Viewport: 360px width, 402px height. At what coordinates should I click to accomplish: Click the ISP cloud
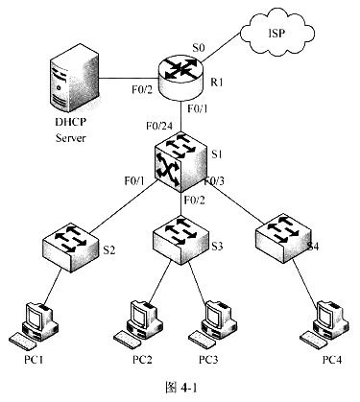277,31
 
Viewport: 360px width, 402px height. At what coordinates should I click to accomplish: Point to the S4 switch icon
283,239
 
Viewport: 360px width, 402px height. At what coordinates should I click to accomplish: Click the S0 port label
199,48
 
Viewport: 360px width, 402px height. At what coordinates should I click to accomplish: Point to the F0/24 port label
159,126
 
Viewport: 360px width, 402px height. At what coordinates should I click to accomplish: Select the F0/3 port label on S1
214,181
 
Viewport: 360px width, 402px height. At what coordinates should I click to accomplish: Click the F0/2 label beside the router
143,89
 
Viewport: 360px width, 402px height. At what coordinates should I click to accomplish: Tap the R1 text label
217,83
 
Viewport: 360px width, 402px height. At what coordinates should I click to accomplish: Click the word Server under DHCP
71,138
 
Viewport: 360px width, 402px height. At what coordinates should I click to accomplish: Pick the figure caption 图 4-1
181,388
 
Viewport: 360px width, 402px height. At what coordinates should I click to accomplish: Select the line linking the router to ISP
221,46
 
